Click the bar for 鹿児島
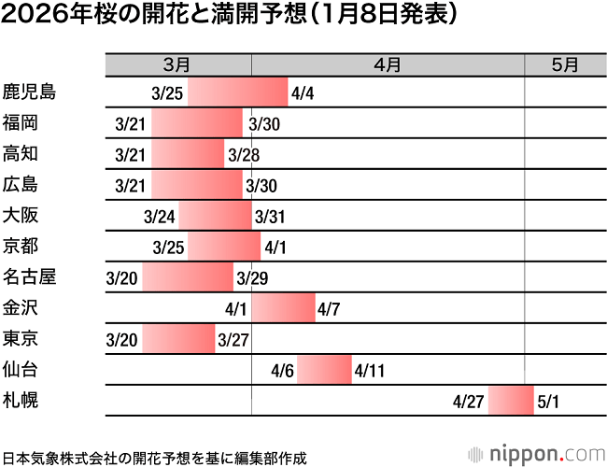(x=237, y=92)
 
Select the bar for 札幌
(x=510, y=402)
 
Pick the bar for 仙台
(x=324, y=370)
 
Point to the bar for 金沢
(x=283, y=308)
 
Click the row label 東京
(x=21, y=338)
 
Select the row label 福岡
(x=21, y=122)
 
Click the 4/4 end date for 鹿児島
(x=303, y=93)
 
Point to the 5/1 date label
(x=550, y=403)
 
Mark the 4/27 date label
(x=467, y=403)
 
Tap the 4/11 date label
(x=371, y=371)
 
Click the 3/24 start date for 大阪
(x=160, y=217)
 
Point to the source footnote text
(x=155, y=457)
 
